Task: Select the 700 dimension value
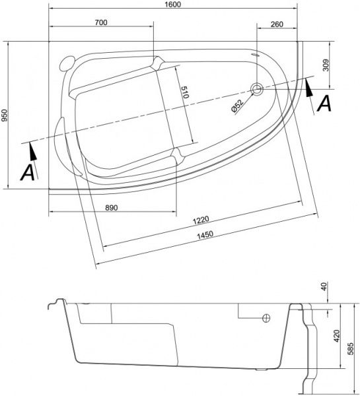101,22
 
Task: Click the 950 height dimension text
5,116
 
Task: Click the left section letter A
26,172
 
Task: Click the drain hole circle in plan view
257,89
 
